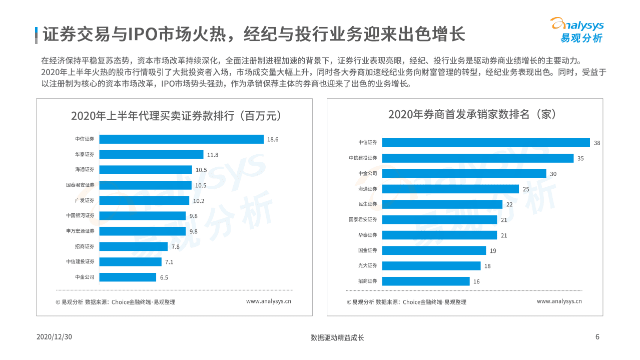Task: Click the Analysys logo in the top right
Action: [x=576, y=30]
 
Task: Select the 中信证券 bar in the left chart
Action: [x=181, y=139]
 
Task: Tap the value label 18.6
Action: [x=273, y=140]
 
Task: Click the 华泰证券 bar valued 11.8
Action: [x=151, y=155]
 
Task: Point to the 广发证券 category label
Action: [x=85, y=200]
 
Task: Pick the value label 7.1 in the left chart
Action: [x=169, y=262]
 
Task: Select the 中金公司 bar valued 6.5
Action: [x=128, y=277]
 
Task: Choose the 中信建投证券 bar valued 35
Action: [x=478, y=158]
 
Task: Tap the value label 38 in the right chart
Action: [x=597, y=143]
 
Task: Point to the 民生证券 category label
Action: [x=368, y=204]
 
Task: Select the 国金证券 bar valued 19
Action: [x=434, y=250]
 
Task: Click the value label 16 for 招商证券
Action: [x=476, y=282]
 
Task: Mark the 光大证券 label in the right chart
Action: [x=368, y=266]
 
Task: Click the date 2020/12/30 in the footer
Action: [x=55, y=337]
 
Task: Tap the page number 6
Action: [x=597, y=337]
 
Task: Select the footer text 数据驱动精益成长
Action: [x=337, y=337]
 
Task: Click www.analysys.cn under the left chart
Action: [x=268, y=301]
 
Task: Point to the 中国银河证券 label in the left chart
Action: [x=80, y=216]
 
